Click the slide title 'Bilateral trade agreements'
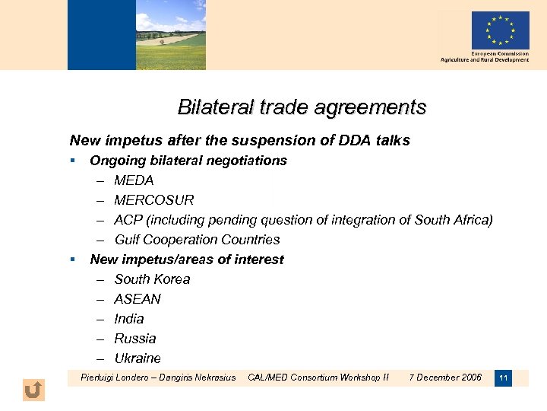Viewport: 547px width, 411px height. (302, 107)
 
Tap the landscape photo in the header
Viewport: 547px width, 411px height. (171, 35)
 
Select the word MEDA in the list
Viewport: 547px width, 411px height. (134, 180)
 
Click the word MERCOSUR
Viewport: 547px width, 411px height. (154, 200)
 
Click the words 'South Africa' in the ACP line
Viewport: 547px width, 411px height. (453, 220)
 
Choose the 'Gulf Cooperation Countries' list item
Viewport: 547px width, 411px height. (197, 240)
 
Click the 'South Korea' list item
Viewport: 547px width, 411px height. (152, 279)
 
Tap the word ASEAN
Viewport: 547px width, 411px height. (138, 299)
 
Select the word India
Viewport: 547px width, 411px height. (128, 319)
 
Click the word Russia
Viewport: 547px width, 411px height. (134, 339)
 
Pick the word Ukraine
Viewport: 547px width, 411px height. (138, 358)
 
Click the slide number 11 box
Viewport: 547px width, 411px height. (503, 378)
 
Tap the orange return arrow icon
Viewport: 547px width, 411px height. (33, 390)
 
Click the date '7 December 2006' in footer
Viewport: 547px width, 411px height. (445, 377)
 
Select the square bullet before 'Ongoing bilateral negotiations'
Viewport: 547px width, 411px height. (72, 161)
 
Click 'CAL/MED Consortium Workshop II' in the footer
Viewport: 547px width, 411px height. (318, 377)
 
